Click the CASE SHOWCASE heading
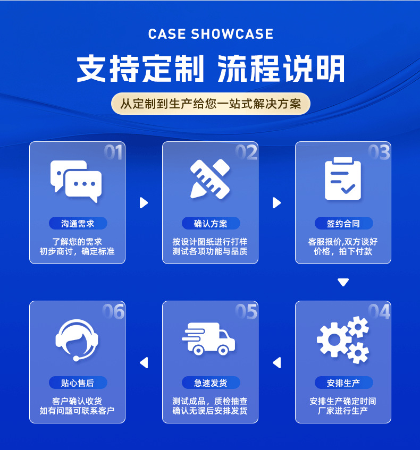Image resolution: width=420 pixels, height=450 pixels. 211,35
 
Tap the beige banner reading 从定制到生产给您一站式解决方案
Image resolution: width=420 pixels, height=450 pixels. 211,104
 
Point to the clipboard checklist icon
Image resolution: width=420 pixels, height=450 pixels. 343,179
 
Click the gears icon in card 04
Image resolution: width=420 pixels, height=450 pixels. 343,339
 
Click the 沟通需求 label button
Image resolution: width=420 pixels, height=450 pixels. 78,223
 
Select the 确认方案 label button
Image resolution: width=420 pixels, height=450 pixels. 211,223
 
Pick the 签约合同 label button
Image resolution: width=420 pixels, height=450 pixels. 343,223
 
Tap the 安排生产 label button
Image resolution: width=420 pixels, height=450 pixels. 343,383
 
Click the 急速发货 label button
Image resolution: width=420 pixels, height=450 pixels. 211,383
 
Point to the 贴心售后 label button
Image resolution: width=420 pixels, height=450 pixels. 78,383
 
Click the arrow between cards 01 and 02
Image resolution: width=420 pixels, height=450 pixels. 144,202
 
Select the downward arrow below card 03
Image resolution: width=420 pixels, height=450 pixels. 343,282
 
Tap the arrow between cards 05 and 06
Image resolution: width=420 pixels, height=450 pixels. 144,363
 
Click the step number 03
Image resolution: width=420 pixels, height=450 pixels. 379,153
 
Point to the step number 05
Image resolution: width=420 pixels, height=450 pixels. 246,312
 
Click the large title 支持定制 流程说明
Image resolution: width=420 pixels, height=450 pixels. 211,69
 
